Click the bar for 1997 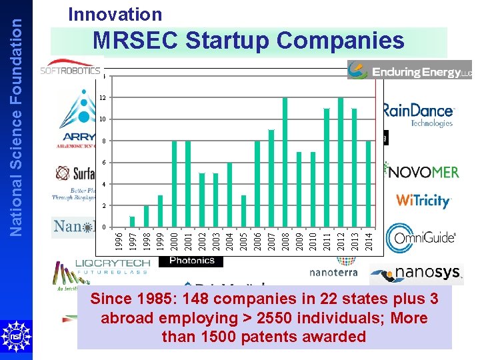(132, 222)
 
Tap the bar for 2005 (243, 211)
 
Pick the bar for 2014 (369, 184)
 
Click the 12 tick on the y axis (103, 98)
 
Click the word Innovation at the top (115, 14)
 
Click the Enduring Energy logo (409, 70)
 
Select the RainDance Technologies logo (419, 114)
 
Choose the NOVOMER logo (423, 171)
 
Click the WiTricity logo (423, 200)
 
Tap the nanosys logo (416, 273)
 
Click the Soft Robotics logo (70, 69)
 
